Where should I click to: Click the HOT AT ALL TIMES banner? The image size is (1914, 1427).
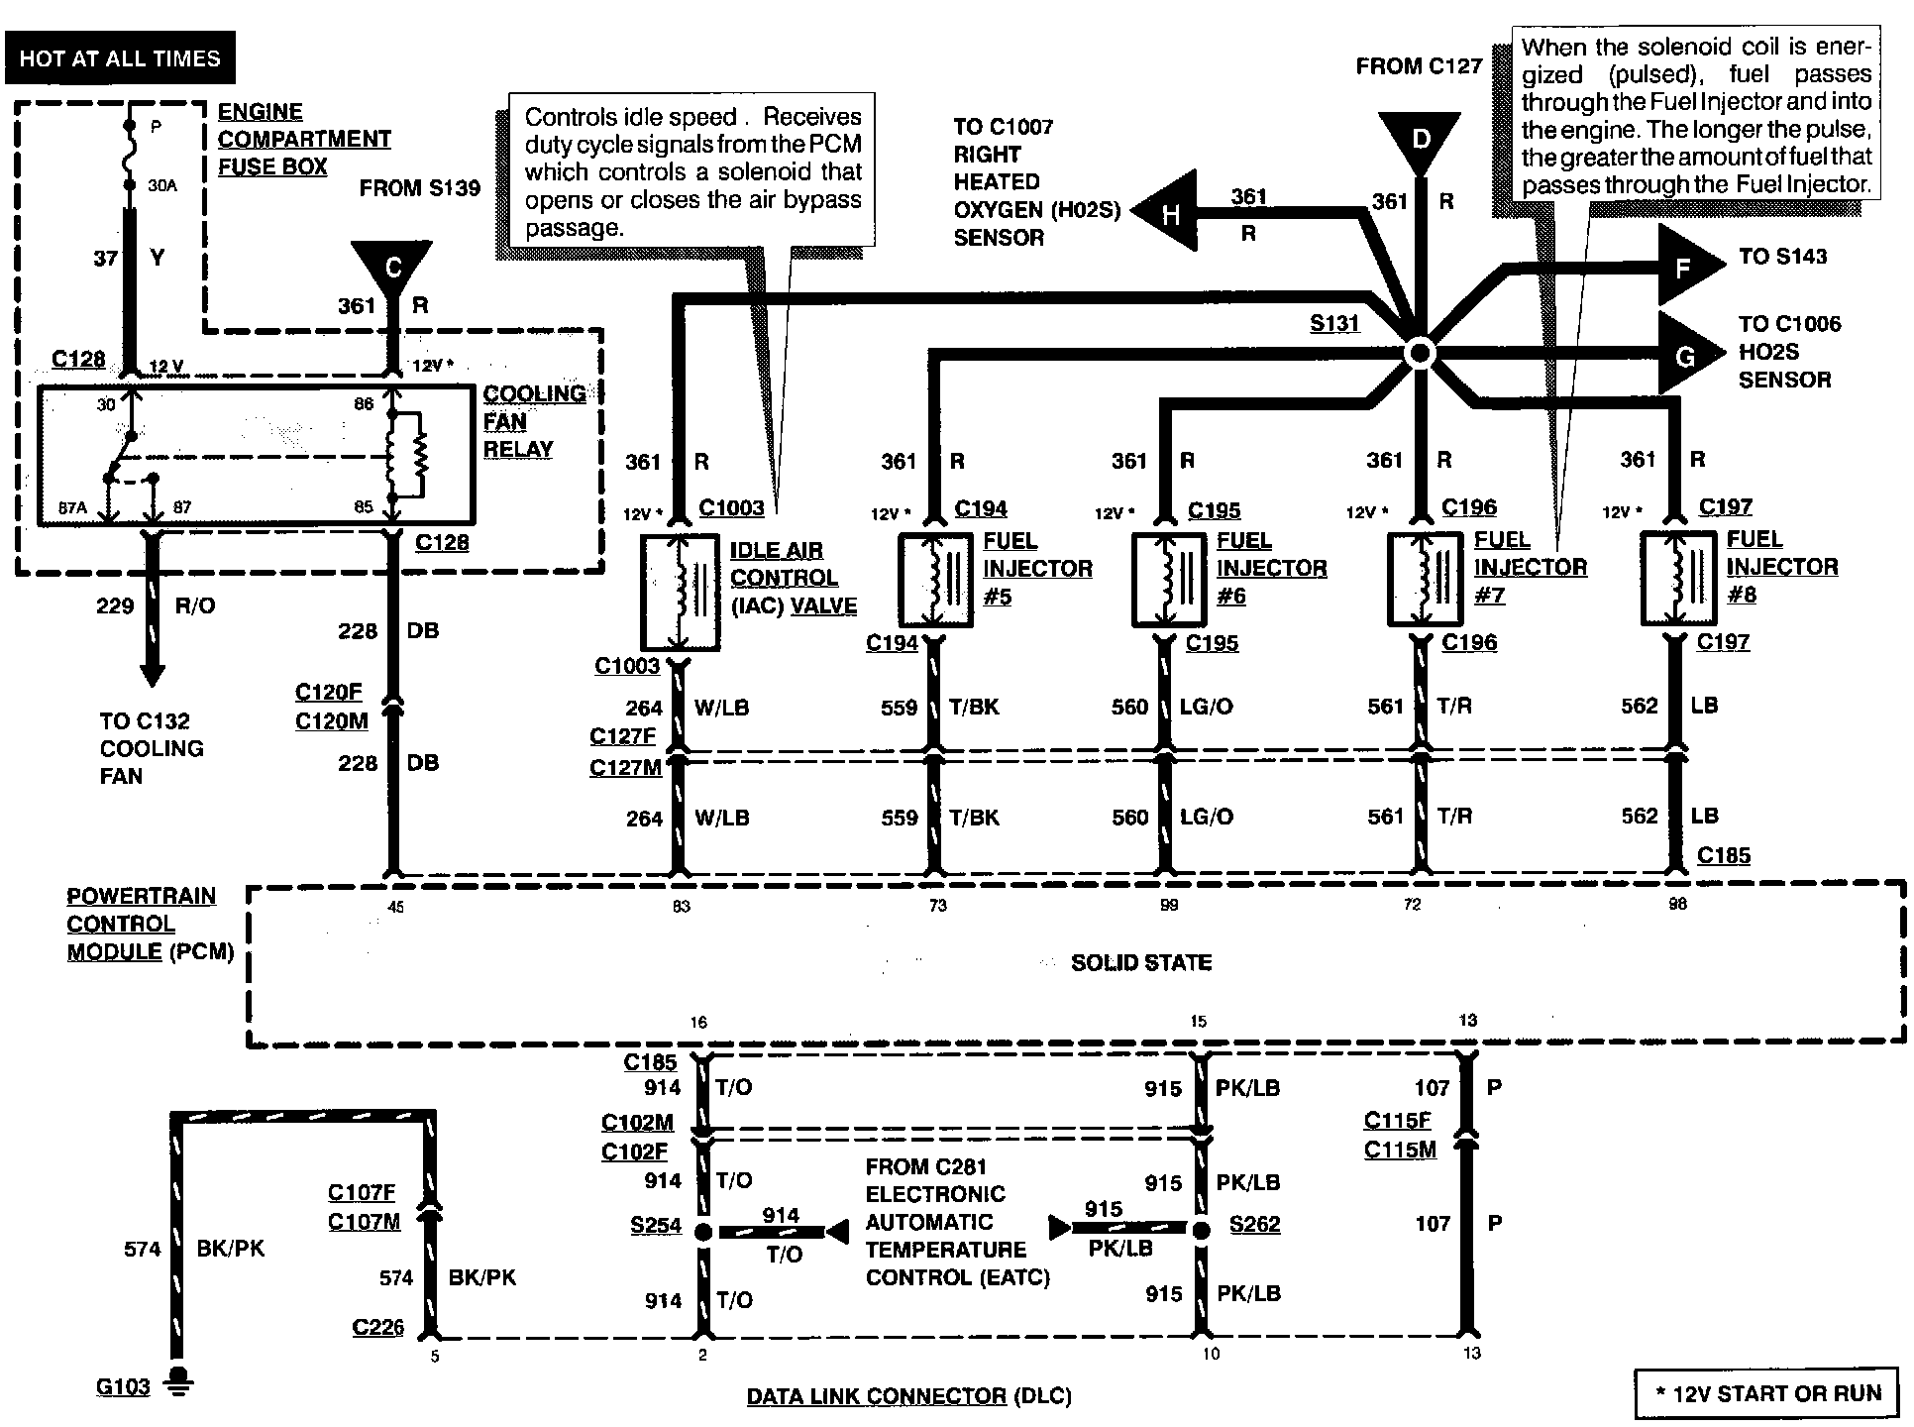point(119,58)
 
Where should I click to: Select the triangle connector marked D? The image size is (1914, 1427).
point(1421,140)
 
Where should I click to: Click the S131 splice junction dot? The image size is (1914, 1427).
point(1420,354)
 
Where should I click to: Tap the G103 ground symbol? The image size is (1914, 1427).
point(178,1380)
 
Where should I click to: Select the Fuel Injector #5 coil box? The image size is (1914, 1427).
point(935,580)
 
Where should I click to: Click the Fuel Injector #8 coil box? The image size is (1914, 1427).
point(1678,578)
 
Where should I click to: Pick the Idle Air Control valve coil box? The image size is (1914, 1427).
point(680,592)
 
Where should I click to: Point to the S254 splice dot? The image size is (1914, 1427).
point(702,1232)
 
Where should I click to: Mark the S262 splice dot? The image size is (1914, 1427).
point(1201,1231)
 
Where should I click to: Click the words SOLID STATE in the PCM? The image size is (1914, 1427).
point(1141,962)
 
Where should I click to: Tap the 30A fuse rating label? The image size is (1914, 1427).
point(162,184)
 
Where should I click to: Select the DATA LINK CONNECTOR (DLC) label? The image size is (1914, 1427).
point(908,1396)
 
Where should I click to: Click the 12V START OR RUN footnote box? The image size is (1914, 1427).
point(1767,1393)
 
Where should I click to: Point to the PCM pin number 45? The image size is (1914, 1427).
point(395,906)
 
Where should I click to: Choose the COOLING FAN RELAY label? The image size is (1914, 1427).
point(534,421)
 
